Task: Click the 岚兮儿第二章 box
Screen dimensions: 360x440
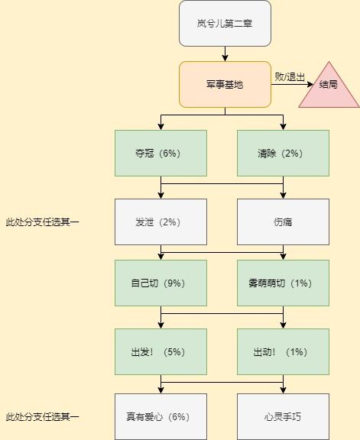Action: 225,23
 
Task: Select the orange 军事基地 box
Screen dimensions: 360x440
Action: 225,85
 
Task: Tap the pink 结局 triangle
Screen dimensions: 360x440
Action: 329,85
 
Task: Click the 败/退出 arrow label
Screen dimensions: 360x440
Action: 290,76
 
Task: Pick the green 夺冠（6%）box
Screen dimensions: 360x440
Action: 161,154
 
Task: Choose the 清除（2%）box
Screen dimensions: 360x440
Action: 283,154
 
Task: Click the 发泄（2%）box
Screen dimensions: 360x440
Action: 161,222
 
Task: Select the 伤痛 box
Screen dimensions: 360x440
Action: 283,222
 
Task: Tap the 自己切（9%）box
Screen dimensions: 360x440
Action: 161,283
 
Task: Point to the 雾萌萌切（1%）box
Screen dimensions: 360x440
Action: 283,283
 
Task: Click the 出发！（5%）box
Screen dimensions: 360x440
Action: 161,352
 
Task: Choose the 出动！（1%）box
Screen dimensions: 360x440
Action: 283,352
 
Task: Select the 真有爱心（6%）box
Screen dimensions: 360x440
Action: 161,417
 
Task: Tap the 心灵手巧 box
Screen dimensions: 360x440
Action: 283,417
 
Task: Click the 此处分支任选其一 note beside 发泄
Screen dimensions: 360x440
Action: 42,222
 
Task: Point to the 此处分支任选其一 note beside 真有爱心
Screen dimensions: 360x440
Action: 42,417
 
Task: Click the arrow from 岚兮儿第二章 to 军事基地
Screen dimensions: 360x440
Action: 225,54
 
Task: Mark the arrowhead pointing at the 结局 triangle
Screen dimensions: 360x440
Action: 310,84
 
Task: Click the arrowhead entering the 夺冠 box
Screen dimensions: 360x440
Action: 161,127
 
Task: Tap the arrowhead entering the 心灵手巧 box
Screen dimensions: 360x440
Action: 283,390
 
